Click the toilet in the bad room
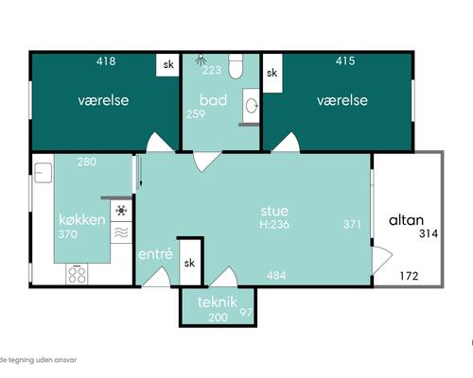236,66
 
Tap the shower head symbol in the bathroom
200,60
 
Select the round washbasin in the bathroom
252,105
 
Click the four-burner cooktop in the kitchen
77,274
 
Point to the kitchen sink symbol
43,173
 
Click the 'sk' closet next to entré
189,263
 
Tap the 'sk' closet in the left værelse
168,65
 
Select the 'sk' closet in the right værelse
272,73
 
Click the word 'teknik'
218,302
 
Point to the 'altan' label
406,220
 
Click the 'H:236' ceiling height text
274,224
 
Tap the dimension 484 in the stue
276,275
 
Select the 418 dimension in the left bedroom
106,61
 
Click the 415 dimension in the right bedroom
345,60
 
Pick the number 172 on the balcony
409,276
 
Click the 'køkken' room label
82,219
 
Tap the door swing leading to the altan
382,260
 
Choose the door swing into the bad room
206,162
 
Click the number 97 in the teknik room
246,312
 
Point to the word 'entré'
155,254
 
